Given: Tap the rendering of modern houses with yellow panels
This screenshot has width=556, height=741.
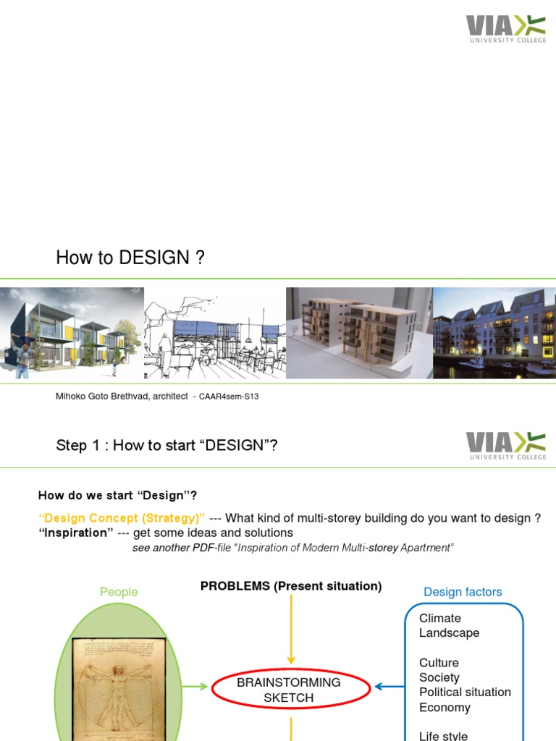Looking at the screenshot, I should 72,333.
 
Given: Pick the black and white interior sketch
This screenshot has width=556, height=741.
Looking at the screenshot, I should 214,333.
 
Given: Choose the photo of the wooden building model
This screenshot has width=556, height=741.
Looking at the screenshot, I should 359,333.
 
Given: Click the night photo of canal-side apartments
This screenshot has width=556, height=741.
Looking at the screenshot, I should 494,333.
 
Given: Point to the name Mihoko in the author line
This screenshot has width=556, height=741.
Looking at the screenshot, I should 72,397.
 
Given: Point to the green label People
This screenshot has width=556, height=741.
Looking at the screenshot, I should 119,592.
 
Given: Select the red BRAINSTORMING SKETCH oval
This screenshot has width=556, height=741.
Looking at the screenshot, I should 289,690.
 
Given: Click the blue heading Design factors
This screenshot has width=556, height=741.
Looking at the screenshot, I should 463,592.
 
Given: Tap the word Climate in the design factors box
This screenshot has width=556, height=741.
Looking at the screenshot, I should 440,618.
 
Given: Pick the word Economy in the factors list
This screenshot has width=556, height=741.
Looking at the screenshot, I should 445,708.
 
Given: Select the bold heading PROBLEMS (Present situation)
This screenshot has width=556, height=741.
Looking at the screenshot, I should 291,586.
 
